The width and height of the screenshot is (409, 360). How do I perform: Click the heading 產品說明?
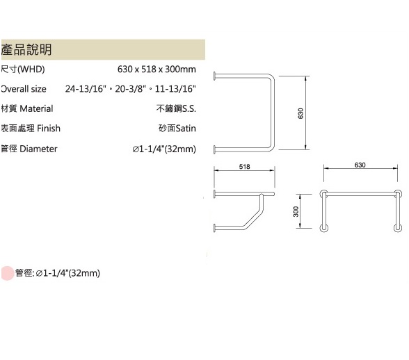point(26,49)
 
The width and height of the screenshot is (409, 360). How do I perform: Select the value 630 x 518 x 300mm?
point(157,69)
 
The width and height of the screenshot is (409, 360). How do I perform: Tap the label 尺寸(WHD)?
point(23,69)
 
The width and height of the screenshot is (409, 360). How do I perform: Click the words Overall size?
point(24,89)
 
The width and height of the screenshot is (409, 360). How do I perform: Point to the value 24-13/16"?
point(86,89)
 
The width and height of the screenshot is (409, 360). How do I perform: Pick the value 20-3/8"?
point(130,89)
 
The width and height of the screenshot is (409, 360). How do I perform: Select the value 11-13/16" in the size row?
point(175,89)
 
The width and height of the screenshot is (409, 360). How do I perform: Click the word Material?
point(36,108)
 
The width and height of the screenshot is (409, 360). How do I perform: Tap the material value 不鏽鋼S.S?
point(176,108)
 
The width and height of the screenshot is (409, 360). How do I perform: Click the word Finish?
point(49,129)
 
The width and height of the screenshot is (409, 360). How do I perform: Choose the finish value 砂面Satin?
point(177,129)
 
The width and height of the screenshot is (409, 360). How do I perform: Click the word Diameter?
point(38,149)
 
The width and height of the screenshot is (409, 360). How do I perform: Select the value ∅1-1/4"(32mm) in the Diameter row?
point(164,149)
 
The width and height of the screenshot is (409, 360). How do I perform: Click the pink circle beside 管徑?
point(7,273)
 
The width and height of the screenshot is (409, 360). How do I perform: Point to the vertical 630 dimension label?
point(300,113)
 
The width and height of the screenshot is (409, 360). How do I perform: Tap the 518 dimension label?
point(244,167)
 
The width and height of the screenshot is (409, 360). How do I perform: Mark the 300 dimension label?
point(296,211)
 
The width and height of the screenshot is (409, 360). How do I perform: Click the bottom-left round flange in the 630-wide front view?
point(323,229)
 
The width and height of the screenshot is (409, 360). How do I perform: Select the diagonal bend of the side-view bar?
point(252,221)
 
